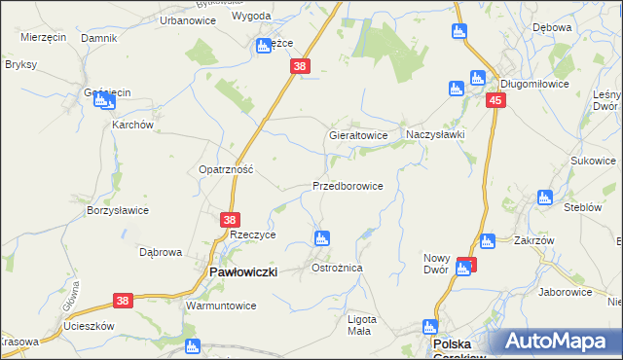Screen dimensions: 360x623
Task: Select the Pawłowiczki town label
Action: (243, 273)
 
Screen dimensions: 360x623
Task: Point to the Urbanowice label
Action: (187, 19)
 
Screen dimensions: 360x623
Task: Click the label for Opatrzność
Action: (226, 168)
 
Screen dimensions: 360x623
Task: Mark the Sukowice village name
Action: (594, 161)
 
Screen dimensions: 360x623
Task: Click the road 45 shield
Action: (496, 101)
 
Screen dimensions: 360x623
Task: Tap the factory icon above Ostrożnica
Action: (321, 238)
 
